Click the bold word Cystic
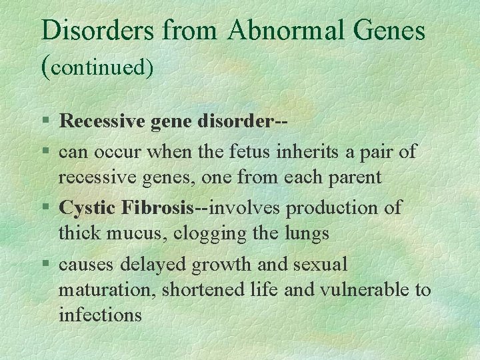[87, 208]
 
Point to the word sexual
[320, 265]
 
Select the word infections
[100, 315]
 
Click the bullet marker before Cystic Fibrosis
[45, 208]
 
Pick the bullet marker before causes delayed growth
[45, 265]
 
